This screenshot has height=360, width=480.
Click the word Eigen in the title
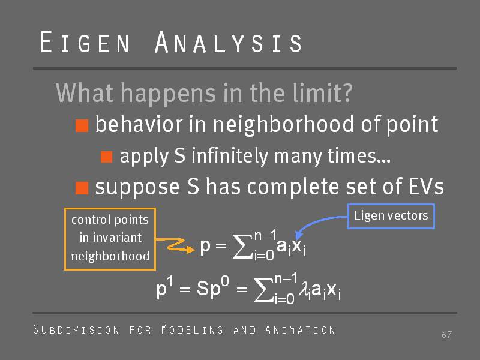[x=85, y=42]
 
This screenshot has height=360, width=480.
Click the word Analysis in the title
[x=229, y=42]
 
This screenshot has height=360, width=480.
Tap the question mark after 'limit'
[x=347, y=92]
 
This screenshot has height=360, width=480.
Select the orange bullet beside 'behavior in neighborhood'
[x=82, y=125]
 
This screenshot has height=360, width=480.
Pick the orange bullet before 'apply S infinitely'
[x=106, y=157]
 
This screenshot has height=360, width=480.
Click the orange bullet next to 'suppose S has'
[x=82, y=188]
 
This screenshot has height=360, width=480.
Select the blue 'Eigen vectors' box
[x=391, y=217]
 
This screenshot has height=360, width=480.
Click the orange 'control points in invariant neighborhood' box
[x=110, y=239]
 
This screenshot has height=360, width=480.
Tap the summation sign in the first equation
[x=242, y=247]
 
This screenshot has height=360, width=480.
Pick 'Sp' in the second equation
[x=208, y=289]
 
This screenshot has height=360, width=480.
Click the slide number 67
[x=446, y=335]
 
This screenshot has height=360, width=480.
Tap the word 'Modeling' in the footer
[x=192, y=329]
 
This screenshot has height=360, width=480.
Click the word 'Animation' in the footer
[x=301, y=329]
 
